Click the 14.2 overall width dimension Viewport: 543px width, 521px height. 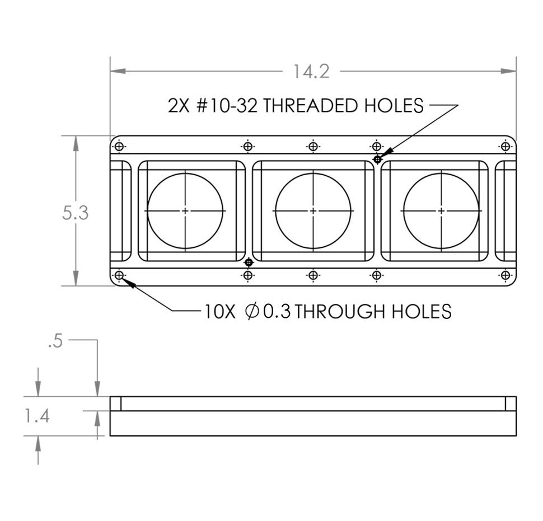(x=311, y=71)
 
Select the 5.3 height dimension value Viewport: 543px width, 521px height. (x=76, y=213)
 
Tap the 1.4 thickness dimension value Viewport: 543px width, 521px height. (x=38, y=416)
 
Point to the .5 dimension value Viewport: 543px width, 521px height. (x=55, y=342)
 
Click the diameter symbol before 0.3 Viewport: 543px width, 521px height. (x=252, y=311)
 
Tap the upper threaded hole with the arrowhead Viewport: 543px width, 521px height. (x=377, y=159)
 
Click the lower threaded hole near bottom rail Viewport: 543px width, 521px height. (x=249, y=262)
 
